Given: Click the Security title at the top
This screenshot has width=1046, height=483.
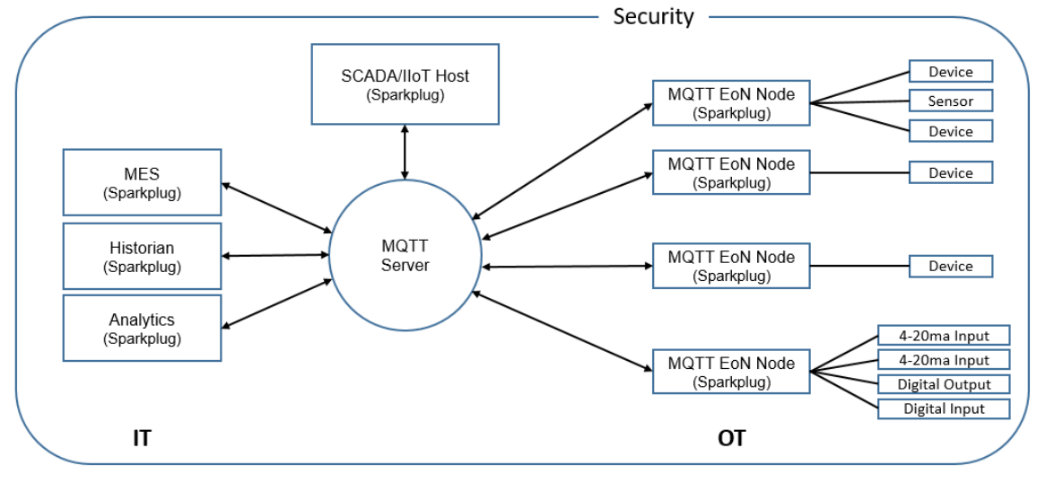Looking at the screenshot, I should [x=653, y=16].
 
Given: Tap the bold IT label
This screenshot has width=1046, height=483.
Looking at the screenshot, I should [x=141, y=438].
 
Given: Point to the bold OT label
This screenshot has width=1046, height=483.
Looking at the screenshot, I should [x=731, y=438].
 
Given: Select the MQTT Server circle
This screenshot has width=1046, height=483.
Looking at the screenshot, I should [x=405, y=256].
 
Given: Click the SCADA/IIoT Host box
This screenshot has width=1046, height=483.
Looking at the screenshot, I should [x=405, y=84].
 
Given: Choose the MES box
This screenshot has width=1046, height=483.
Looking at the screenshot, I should [x=142, y=182].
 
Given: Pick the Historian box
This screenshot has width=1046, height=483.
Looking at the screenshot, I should [x=142, y=256].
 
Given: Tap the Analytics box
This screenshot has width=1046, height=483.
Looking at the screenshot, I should [x=142, y=328].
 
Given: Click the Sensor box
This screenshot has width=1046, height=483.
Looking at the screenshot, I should [x=950, y=101].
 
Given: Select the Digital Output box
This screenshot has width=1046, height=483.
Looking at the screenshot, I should [x=944, y=384].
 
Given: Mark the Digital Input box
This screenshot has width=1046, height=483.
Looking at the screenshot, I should [x=944, y=408].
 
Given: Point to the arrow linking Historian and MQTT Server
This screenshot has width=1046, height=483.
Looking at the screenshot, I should [x=275, y=256].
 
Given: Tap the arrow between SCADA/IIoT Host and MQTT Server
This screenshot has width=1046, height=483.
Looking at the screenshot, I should [x=405, y=152].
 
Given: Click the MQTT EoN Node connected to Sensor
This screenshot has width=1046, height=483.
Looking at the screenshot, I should [x=730, y=102].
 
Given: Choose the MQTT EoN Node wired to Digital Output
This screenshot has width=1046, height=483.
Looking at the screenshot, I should [x=730, y=372].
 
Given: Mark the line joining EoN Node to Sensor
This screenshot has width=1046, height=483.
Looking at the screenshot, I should [x=859, y=101].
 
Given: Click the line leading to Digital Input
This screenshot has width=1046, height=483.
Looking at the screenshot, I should [x=844, y=391].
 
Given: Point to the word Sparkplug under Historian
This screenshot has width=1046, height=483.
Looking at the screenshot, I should [x=142, y=267].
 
